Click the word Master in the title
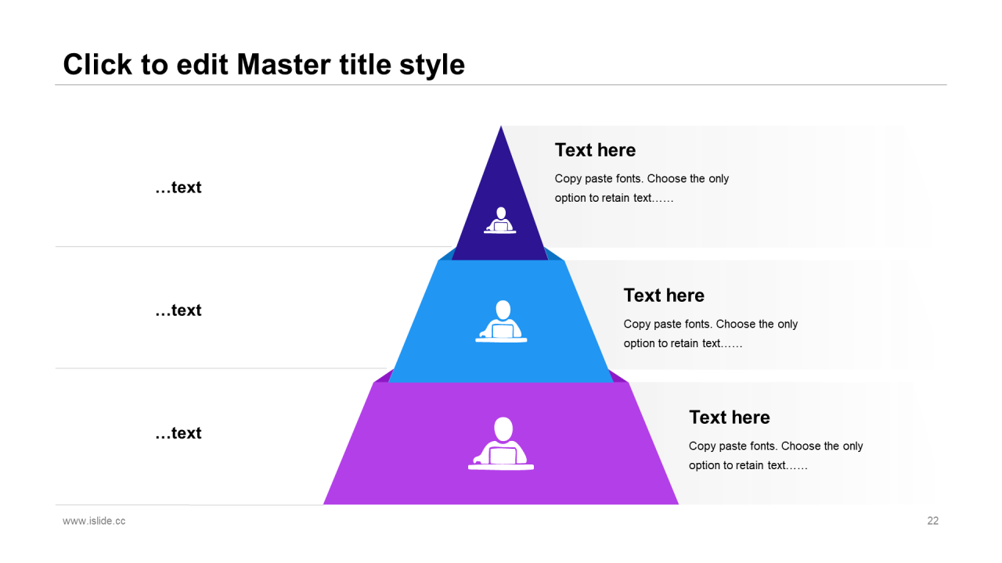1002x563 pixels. (283, 64)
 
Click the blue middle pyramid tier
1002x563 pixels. (500, 321)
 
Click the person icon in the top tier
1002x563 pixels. (500, 221)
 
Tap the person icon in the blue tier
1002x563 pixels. (502, 321)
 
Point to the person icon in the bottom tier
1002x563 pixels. (501, 443)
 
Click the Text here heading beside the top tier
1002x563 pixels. (595, 150)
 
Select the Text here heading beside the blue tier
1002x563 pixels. (664, 296)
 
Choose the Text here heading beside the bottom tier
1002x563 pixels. (730, 418)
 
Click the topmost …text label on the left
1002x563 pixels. (178, 188)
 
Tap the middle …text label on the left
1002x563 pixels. (178, 310)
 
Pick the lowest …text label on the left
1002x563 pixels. (178, 433)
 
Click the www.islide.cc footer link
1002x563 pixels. (94, 521)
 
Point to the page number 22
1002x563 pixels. (932, 521)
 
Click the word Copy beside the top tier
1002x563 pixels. (568, 179)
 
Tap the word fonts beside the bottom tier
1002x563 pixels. (762, 446)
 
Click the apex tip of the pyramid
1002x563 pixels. (501, 126)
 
